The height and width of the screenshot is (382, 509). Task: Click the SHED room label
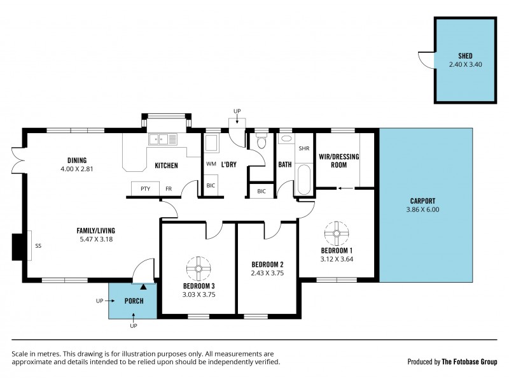[465, 55]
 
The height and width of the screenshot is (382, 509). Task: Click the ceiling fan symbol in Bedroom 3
[198, 268]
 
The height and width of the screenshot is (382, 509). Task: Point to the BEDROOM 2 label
[267, 264]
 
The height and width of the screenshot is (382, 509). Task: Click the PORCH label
[133, 301]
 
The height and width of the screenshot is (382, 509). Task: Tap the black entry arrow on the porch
[134, 288]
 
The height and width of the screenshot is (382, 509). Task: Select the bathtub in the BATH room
[303, 180]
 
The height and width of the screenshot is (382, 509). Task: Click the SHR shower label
[303, 149]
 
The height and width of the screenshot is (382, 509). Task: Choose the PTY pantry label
[145, 189]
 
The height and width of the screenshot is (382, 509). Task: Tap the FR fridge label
[169, 189]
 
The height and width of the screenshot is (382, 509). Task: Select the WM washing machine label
[211, 164]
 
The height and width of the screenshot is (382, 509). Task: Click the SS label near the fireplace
[38, 246]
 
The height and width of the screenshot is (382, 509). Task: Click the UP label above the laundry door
[237, 111]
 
